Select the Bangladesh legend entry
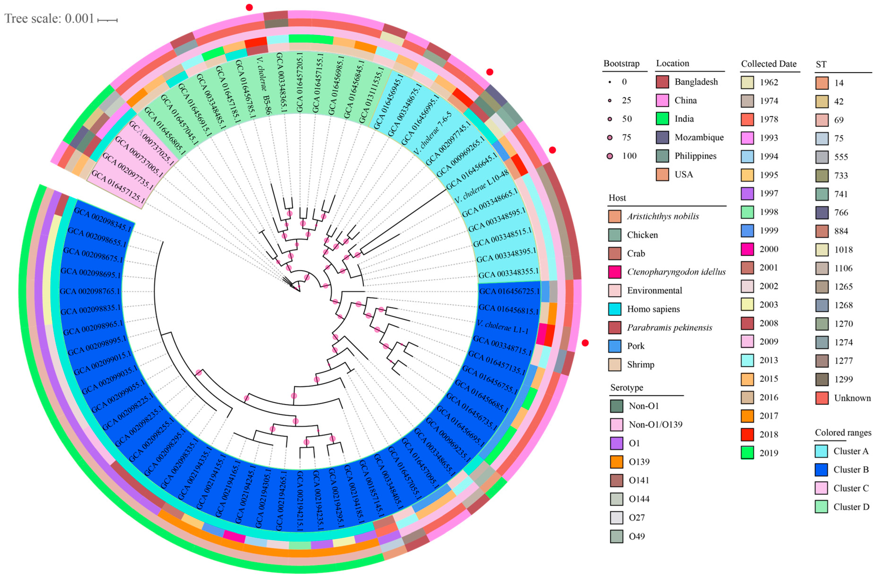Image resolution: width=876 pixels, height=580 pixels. (x=696, y=82)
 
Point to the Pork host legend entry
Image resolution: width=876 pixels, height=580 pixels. (x=636, y=346)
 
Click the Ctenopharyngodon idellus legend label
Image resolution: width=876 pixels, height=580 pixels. (x=676, y=272)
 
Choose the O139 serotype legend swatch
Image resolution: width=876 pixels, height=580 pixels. (x=616, y=462)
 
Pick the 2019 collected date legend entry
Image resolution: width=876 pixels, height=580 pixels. (x=768, y=453)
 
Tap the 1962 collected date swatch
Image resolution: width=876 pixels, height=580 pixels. (x=747, y=82)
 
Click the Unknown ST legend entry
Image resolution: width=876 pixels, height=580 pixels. (x=852, y=398)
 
